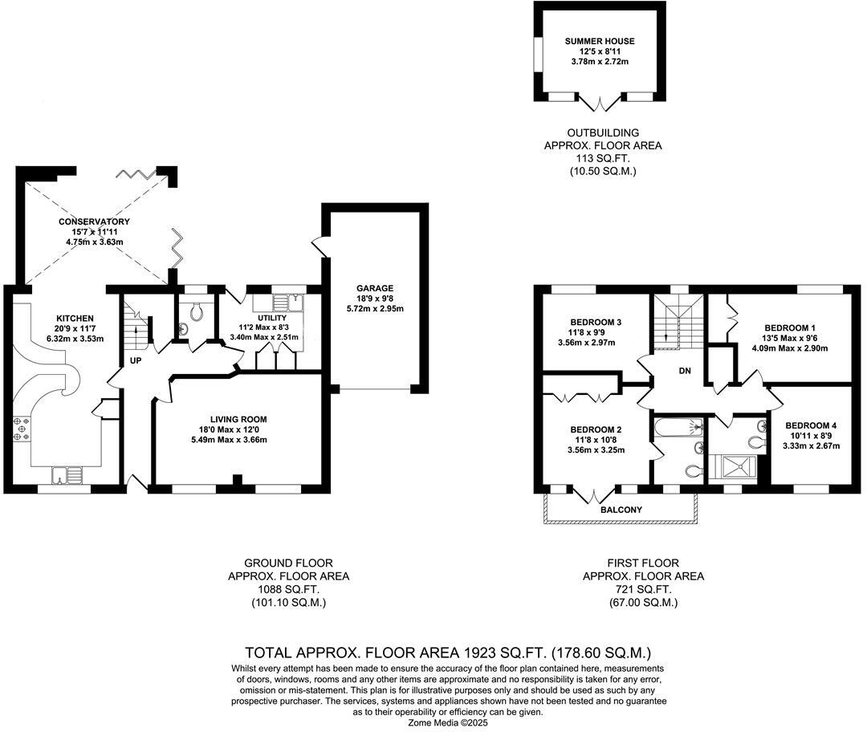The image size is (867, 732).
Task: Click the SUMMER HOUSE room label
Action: (599, 41)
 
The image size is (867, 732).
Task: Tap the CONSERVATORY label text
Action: (94, 222)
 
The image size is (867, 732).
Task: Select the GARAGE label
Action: (375, 288)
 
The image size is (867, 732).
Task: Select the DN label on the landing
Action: (685, 372)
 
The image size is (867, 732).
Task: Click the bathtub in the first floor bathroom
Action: (678, 427)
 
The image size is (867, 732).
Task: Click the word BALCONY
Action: (621, 510)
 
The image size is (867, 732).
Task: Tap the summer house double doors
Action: (600, 104)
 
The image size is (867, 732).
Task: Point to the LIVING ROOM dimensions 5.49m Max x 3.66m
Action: (238, 440)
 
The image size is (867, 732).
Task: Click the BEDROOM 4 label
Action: (812, 425)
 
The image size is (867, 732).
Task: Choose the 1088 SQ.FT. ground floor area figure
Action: (288, 589)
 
